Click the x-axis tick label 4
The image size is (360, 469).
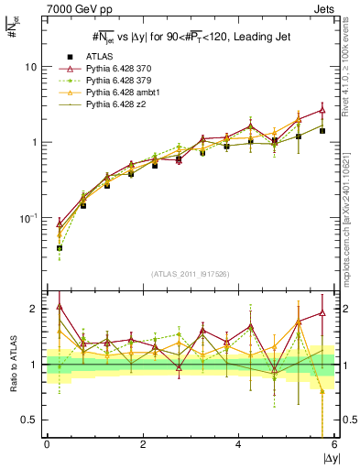point(239,444)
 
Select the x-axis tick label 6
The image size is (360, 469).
point(334,444)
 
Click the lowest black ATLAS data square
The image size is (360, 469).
point(60,248)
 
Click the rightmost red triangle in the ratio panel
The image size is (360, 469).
point(322,313)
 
